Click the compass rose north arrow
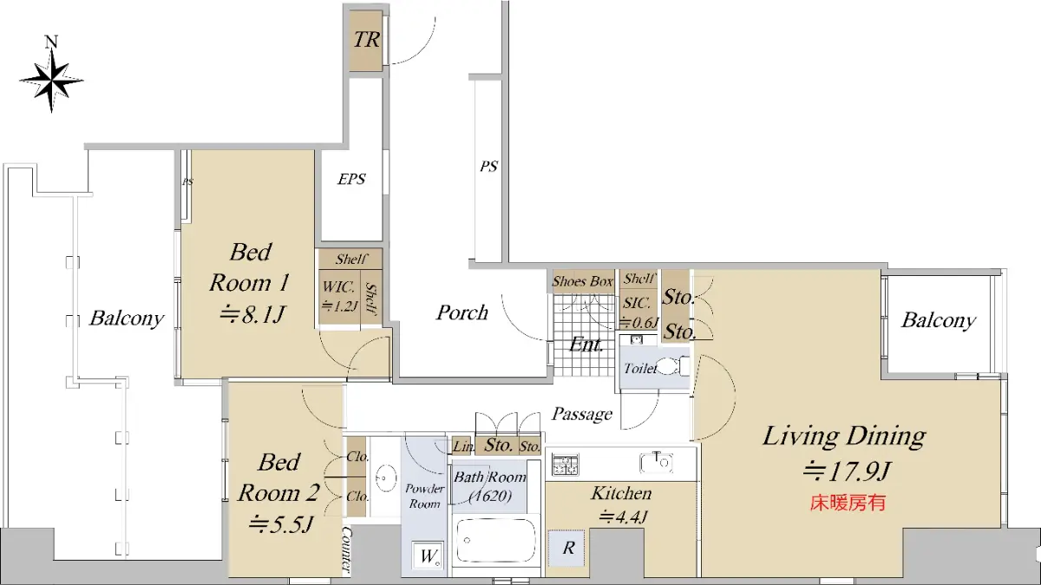tap(51, 75)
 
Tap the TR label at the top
tap(367, 40)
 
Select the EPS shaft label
tap(351, 179)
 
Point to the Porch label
tap(462, 312)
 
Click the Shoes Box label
tap(582, 281)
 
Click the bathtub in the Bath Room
tap(495, 541)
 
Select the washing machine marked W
tap(428, 555)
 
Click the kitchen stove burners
tap(566, 464)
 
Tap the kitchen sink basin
tap(656, 463)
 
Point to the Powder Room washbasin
tap(386, 477)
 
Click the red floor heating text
tap(848, 503)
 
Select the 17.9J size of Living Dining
tap(847, 471)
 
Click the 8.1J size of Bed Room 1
tap(252, 314)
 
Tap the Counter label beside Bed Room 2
tap(347, 549)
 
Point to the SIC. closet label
tap(637, 303)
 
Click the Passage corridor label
tap(582, 413)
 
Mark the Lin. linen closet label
tap(463, 446)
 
